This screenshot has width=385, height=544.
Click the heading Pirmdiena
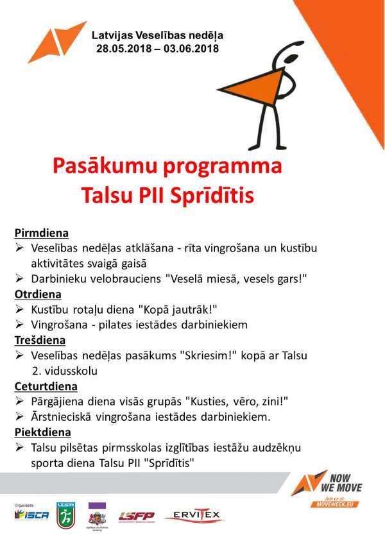(x=41, y=234)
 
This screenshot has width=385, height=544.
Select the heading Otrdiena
(x=38, y=294)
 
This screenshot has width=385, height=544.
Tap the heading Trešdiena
(x=40, y=340)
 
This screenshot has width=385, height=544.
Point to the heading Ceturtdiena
(x=46, y=386)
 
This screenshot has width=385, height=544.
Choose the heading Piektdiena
(x=42, y=432)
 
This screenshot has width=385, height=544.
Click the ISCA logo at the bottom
(x=31, y=515)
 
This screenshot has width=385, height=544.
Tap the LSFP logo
(x=136, y=515)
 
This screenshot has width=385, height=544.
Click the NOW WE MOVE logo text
(x=344, y=483)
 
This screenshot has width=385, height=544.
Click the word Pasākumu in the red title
(x=110, y=166)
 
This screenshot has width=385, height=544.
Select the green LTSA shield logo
(x=65, y=514)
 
